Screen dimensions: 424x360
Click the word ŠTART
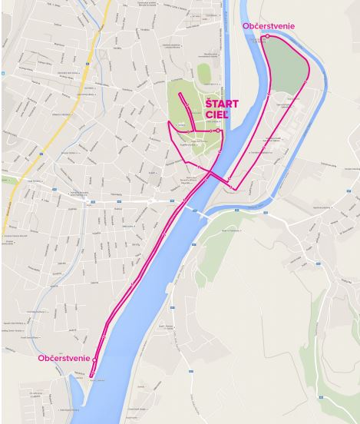point(221,104)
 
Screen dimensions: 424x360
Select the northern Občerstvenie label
point(268,26)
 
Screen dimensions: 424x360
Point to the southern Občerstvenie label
point(64,359)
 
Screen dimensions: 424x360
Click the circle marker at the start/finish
point(219,131)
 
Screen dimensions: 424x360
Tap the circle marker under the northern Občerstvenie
point(267,36)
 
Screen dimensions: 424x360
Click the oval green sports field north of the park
point(203,73)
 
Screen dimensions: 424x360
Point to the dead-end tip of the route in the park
point(180,94)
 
